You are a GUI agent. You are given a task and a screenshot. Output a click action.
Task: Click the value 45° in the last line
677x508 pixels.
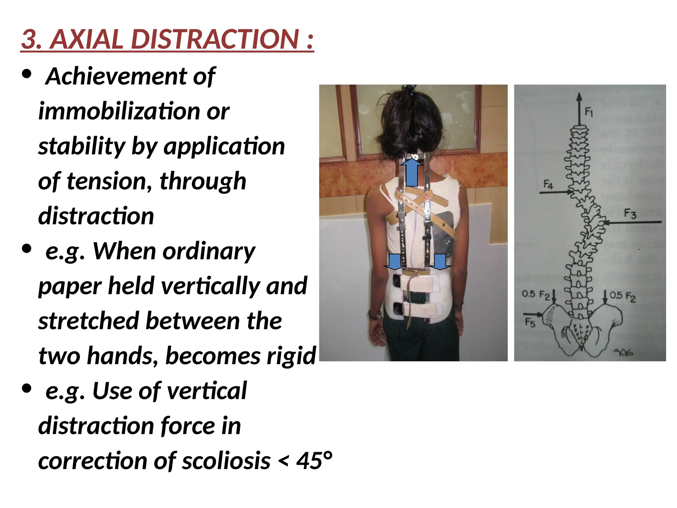click(x=314, y=461)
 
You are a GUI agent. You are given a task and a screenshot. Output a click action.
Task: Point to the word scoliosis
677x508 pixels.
click(x=226, y=461)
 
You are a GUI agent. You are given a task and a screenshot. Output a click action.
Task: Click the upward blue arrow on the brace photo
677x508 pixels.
click(x=412, y=172)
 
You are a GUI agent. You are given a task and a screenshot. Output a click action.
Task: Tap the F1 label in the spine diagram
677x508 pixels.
click(x=589, y=112)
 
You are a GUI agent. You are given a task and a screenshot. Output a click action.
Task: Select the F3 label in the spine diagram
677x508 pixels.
click(x=630, y=214)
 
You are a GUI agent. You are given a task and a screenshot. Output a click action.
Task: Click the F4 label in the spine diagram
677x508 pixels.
click(x=548, y=184)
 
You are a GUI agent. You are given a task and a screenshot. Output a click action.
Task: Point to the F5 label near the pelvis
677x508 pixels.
click(x=530, y=322)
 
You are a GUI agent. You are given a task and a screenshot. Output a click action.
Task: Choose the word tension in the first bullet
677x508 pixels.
click(x=109, y=181)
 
